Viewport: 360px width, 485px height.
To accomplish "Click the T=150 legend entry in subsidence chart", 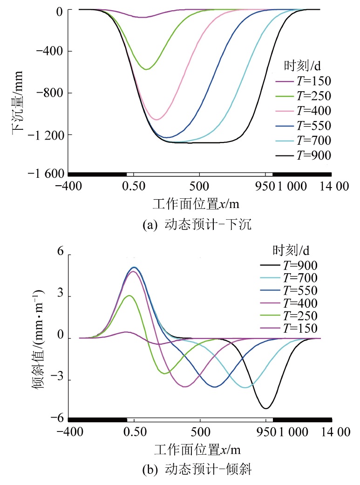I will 303,81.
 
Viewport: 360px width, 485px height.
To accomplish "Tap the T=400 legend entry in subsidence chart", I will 303,111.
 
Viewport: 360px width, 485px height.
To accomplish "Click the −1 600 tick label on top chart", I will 44,174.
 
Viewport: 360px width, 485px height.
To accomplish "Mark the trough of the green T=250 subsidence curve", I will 147,69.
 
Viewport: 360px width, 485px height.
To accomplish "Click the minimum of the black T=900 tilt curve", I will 265,408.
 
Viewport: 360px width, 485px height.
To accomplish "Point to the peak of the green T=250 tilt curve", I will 129,296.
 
